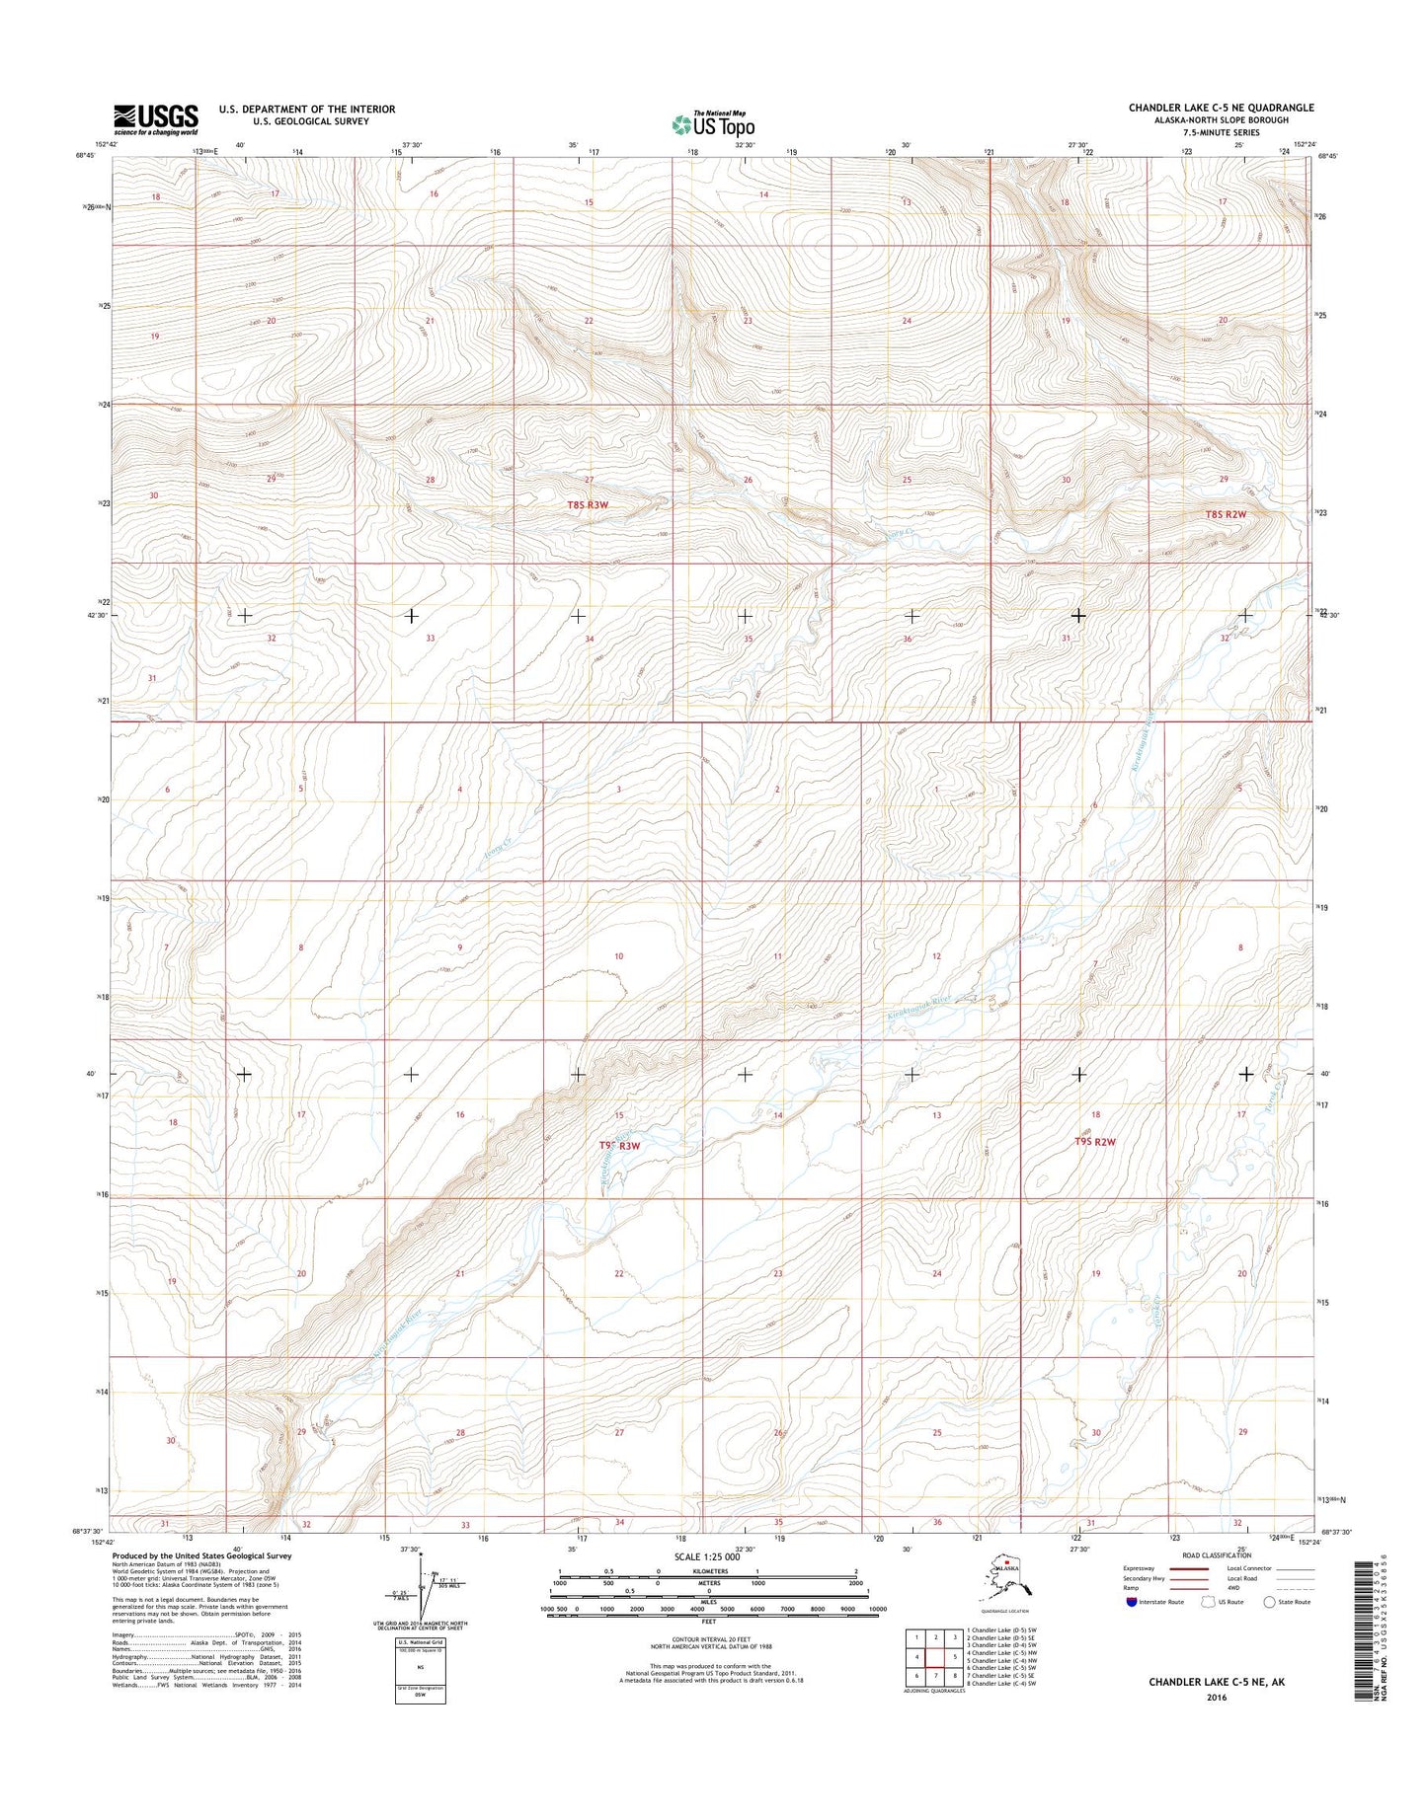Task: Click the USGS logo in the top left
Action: tap(155, 118)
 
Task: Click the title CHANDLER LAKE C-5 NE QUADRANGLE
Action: tap(1221, 108)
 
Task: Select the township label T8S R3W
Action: tap(588, 504)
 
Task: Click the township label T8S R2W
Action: tap(1226, 514)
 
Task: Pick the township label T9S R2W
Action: tap(1095, 1142)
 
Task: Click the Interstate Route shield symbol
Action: tap(1132, 1629)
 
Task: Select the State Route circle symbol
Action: tap(1269, 1629)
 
